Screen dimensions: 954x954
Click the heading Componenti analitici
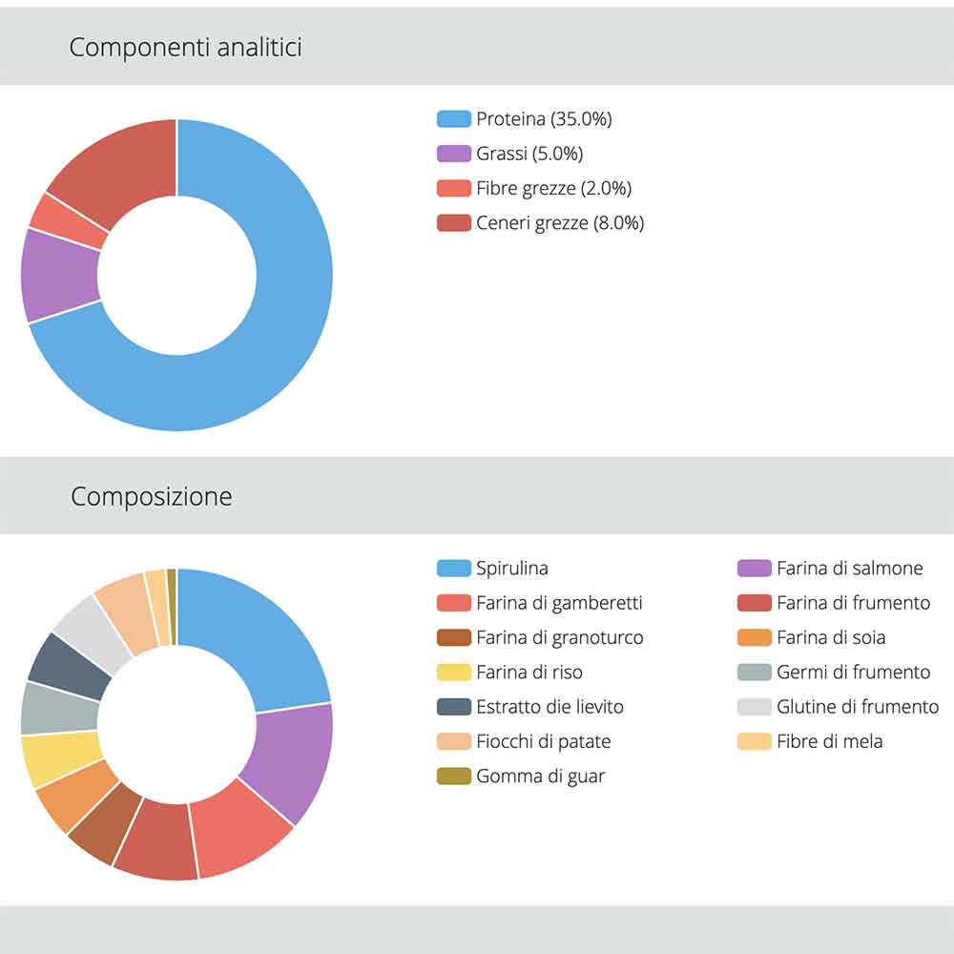(x=185, y=48)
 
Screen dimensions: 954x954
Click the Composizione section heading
(x=151, y=497)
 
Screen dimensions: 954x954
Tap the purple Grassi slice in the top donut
(x=59, y=277)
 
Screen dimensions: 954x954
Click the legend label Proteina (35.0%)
(x=544, y=119)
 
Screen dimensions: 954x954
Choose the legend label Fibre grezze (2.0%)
(x=553, y=188)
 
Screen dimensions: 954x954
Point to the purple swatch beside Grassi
(x=453, y=154)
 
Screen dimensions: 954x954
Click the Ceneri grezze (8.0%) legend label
(x=560, y=223)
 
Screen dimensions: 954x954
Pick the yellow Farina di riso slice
(x=59, y=757)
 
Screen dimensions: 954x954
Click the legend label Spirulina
(x=512, y=569)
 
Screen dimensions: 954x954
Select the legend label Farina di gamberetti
(x=559, y=603)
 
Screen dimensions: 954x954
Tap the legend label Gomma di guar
(x=540, y=777)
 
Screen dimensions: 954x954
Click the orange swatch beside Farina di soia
(x=754, y=637)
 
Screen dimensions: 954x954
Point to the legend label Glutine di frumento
(x=857, y=707)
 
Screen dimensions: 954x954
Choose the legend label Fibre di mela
(x=829, y=741)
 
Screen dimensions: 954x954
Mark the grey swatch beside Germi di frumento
(x=754, y=673)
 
